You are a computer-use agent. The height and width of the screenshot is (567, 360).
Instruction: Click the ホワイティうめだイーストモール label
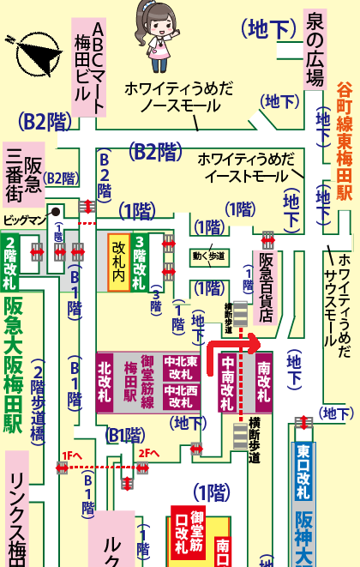pos(246,167)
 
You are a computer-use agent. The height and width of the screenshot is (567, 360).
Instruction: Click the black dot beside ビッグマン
pos(56,210)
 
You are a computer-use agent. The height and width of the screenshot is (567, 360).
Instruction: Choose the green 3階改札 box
pos(139,262)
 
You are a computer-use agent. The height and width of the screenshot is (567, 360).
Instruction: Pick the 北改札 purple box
pos(105,382)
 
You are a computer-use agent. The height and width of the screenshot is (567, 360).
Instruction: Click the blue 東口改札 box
pos(303,472)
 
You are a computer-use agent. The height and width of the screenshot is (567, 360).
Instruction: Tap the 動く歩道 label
pos(208,256)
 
